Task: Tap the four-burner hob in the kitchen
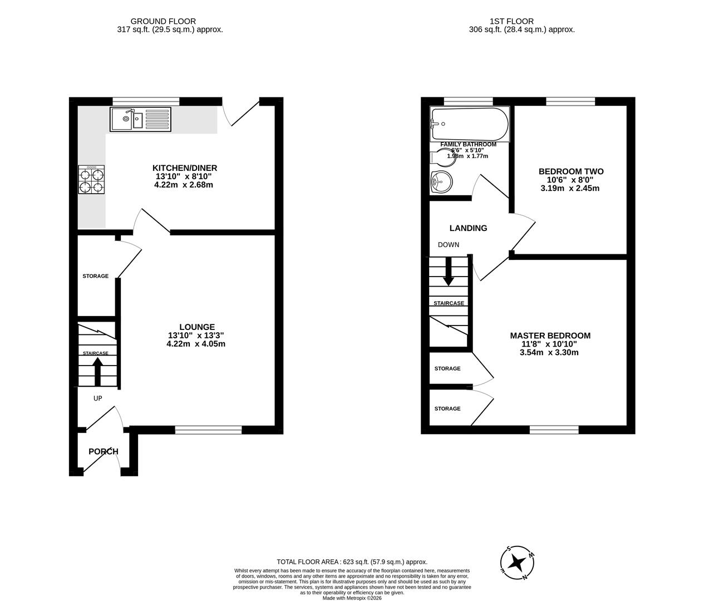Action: (x=91, y=180)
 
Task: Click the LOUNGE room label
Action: (x=196, y=327)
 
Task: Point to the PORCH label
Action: (x=104, y=451)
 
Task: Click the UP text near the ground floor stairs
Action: (x=98, y=398)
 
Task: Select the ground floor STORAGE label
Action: (x=95, y=276)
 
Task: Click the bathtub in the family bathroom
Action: (x=470, y=125)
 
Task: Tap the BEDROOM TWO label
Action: (x=570, y=171)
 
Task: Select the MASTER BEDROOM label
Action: (x=550, y=336)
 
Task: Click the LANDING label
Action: (x=468, y=228)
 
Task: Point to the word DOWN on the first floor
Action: (x=449, y=245)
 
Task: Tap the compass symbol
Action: (x=518, y=562)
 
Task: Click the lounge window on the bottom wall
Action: (x=209, y=430)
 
